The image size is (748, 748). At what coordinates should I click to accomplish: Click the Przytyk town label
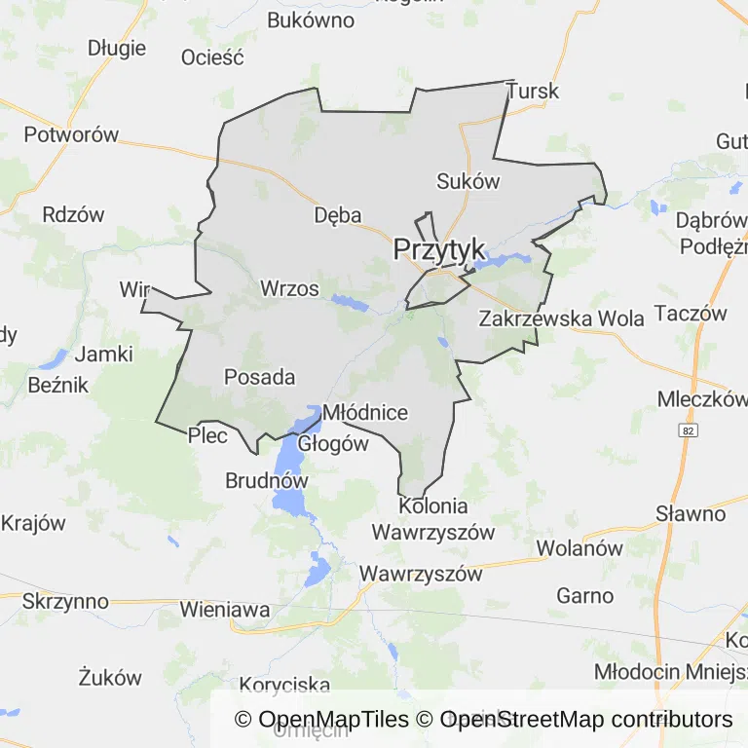point(439,250)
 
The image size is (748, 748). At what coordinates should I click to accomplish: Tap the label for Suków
point(467,180)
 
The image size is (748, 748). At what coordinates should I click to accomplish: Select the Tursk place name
point(533,91)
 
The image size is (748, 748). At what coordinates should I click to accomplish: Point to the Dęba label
point(338,215)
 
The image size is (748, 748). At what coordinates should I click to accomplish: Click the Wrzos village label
point(289,288)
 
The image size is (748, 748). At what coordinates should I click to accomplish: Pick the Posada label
point(259,376)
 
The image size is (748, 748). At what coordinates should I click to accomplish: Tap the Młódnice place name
point(364,412)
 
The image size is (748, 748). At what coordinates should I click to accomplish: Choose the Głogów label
point(333,443)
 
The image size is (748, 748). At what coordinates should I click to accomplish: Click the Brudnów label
point(266,480)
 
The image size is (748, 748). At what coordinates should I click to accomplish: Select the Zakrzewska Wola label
point(562,318)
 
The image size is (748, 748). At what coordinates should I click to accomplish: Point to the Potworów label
point(71,134)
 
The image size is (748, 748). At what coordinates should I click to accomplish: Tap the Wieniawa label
point(225,610)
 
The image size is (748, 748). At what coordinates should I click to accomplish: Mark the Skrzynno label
point(65,601)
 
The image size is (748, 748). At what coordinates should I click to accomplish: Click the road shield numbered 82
point(690,429)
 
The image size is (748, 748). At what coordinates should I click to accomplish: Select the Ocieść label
point(212,56)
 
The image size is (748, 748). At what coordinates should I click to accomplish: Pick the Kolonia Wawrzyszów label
point(433,519)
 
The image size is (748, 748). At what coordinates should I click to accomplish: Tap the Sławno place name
point(691,513)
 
